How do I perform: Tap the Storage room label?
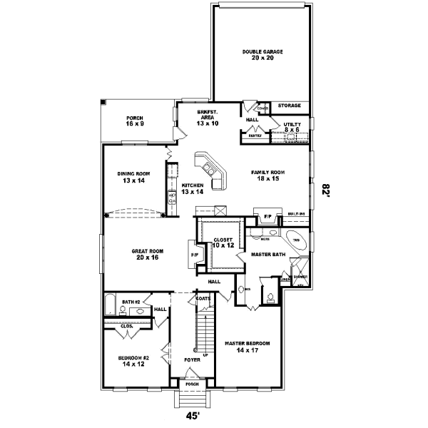pyautogui.click(x=289, y=106)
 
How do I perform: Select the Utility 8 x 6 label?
pyautogui.click(x=292, y=126)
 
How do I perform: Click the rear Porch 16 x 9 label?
pyautogui.click(x=135, y=121)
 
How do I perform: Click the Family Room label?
pyautogui.click(x=267, y=176)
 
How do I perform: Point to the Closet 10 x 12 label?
pyautogui.click(x=223, y=243)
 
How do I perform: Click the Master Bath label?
pyautogui.click(x=268, y=255)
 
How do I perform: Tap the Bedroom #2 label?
pyautogui.click(x=134, y=361)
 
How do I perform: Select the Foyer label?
pyautogui.click(x=191, y=360)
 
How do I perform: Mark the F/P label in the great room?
pyautogui.click(x=193, y=255)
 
